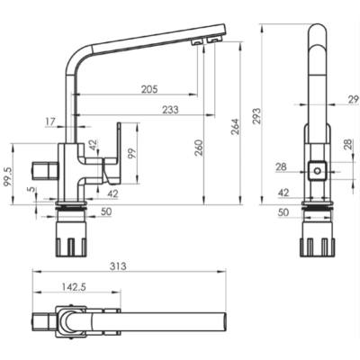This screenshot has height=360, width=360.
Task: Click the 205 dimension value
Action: click(x=149, y=89)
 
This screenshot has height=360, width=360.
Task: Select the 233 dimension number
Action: click(x=170, y=110)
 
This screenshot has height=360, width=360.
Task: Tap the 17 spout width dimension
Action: click(x=50, y=121)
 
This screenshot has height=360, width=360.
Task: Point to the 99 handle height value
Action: click(x=133, y=153)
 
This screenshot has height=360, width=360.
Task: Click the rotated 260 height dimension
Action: click(x=199, y=148)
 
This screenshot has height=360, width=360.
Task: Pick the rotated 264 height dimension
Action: click(x=235, y=127)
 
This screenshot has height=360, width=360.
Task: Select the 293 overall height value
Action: click(x=257, y=116)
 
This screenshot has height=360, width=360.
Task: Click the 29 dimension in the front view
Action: click(x=354, y=99)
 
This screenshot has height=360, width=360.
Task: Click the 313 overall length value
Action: click(x=118, y=266)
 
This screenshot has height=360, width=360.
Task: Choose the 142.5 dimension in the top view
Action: click(x=74, y=287)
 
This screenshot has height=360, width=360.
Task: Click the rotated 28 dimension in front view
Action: click(x=348, y=145)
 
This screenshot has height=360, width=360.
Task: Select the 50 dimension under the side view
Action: click(x=106, y=211)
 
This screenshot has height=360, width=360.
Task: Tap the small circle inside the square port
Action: click(x=318, y=171)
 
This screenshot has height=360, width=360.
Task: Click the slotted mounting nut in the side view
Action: click(x=71, y=239)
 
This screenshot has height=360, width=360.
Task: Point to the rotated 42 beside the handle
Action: click(x=94, y=146)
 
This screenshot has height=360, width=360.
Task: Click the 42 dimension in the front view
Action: click(x=283, y=193)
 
